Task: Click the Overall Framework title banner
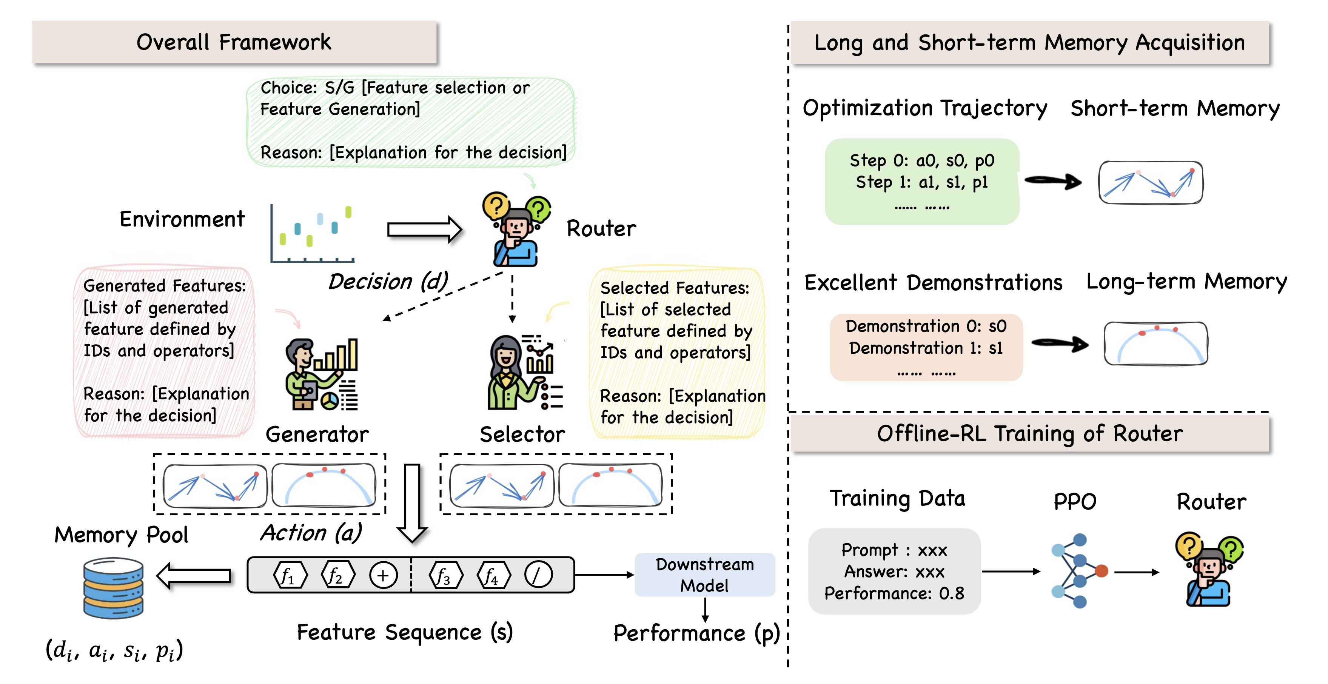(234, 42)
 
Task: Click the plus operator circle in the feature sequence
(383, 575)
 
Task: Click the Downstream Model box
(704, 575)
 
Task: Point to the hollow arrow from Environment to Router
(424, 230)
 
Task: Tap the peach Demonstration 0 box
(926, 347)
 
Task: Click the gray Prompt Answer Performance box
(894, 571)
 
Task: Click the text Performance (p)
(696, 633)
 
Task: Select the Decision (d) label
(388, 282)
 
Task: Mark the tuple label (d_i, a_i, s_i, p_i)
(114, 650)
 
